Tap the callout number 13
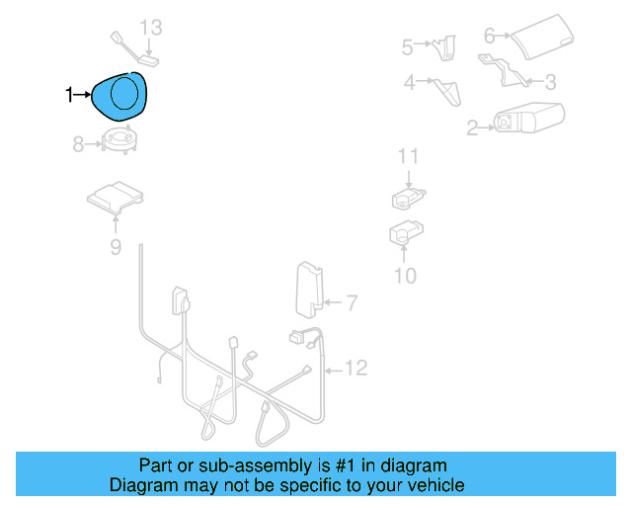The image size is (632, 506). coord(149,27)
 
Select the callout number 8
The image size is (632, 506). coord(79,145)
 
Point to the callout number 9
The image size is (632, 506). coord(116,247)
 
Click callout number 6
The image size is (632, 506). coord(490,36)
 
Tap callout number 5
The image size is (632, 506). coord(407,45)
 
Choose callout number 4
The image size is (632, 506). coord(409,83)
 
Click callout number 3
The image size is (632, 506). coord(551,82)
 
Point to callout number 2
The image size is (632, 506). coord(472,126)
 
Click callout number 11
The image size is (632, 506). coord(409,156)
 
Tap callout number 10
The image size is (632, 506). coord(406,276)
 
